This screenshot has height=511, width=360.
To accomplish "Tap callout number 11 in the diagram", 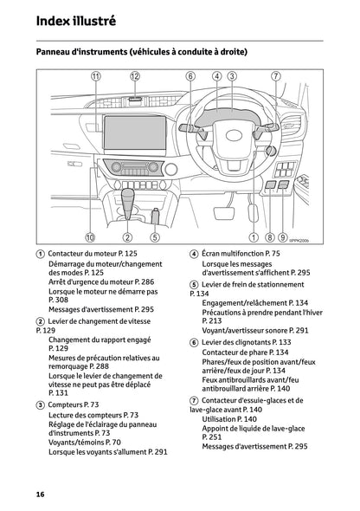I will (x=95, y=76).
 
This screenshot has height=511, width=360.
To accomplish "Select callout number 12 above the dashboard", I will (x=135, y=76).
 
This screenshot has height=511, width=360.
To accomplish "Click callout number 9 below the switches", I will (x=283, y=236).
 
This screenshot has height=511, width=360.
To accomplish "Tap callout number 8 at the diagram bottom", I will (x=269, y=236).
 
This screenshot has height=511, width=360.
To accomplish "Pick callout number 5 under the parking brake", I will (x=154, y=236).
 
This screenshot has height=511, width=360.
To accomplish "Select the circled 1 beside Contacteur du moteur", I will (x=41, y=253).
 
